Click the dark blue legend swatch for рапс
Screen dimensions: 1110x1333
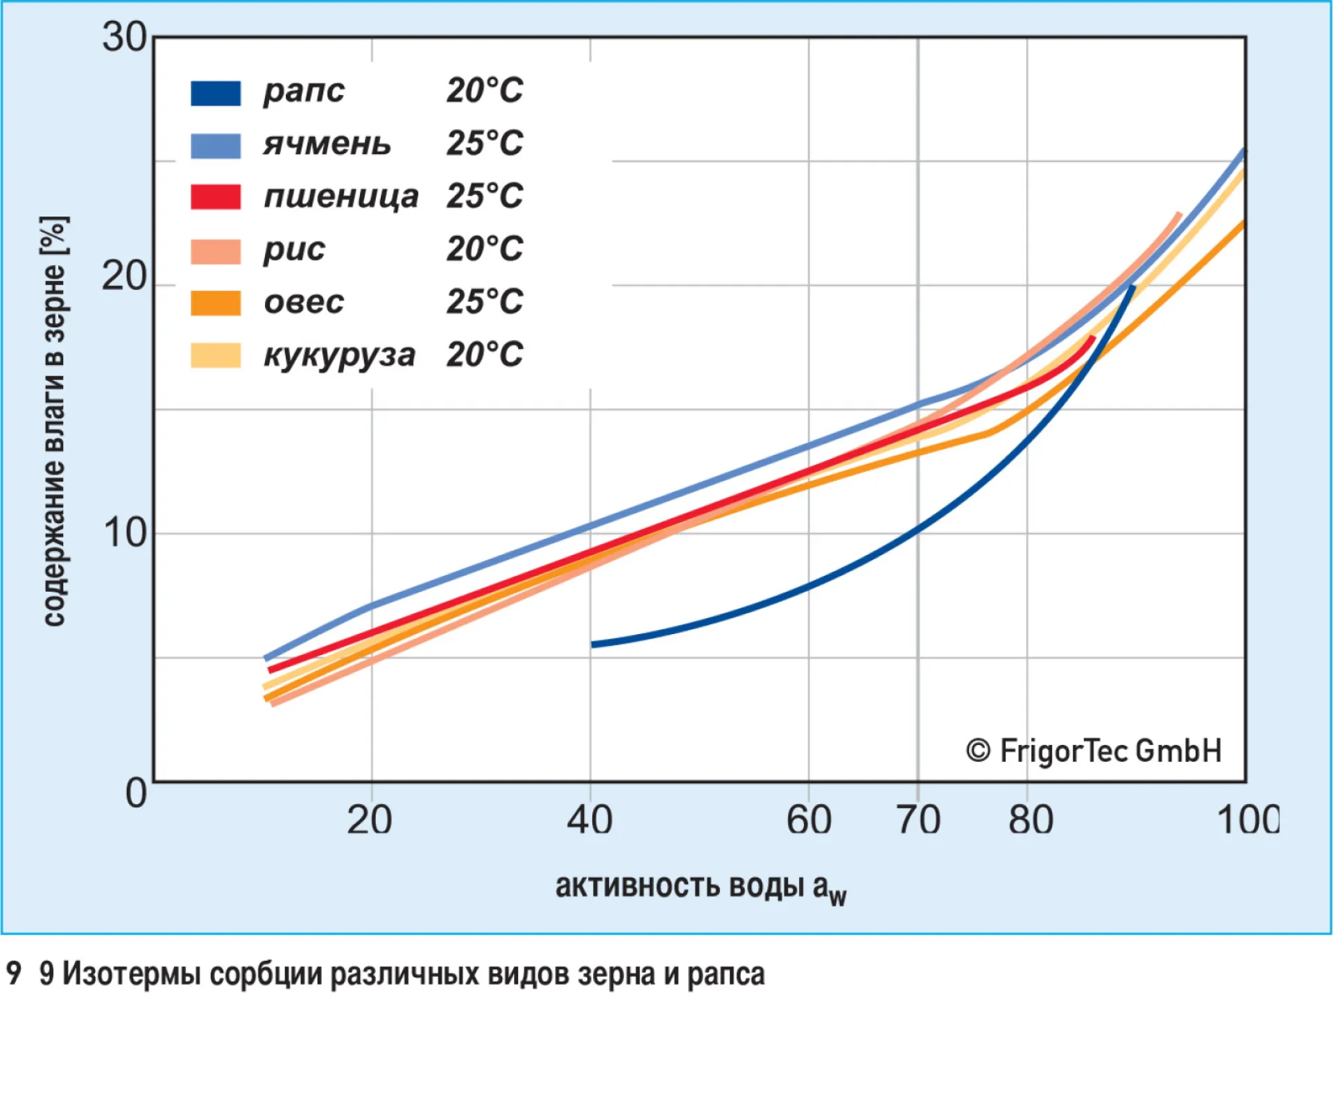tap(216, 93)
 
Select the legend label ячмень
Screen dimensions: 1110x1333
tap(327, 144)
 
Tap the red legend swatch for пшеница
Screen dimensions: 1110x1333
tap(216, 197)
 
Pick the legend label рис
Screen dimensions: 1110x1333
tap(294, 250)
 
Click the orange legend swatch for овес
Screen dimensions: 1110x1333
tap(216, 303)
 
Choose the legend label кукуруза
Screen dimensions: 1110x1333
tap(339, 355)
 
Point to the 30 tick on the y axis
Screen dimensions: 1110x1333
tap(124, 37)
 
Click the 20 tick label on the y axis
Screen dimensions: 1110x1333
tap(124, 277)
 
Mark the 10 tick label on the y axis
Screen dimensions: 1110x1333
tap(124, 533)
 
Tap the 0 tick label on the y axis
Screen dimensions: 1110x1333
tap(136, 792)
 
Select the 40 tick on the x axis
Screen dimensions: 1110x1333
tap(590, 820)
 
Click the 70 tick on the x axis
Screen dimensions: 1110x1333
tap(918, 820)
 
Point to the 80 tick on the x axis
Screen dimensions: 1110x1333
tap(1031, 820)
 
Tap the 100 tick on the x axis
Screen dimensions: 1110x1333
tap(1247, 820)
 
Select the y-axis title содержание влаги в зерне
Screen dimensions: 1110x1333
tap(54, 421)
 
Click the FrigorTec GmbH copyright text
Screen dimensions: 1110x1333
tap(1094, 751)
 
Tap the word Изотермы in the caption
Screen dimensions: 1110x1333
tap(131, 974)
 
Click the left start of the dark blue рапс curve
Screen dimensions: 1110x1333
tap(594, 644)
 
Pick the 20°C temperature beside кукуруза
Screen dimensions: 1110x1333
tap(484, 355)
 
